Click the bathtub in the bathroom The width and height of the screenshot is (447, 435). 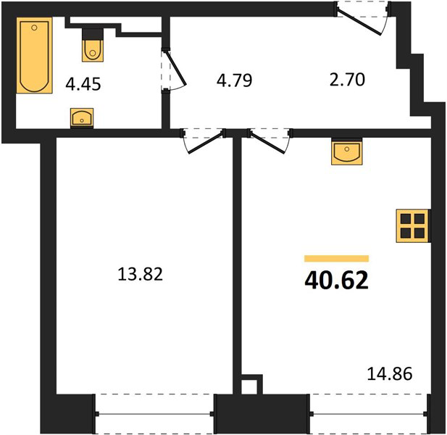point(35,55)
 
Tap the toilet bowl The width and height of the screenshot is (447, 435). point(93,51)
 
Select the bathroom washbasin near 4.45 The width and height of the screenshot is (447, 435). point(82,117)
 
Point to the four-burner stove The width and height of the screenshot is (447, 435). point(412,226)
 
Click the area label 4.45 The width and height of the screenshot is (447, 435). point(83,84)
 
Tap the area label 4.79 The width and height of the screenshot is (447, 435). point(234,80)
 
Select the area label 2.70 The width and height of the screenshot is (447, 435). point(347,80)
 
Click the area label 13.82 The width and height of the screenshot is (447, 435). point(140,274)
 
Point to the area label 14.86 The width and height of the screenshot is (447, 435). point(390,374)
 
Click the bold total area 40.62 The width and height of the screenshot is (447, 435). point(336,281)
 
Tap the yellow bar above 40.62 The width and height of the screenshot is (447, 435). point(336,258)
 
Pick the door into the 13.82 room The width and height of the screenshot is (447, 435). point(205,144)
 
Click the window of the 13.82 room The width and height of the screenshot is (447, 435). point(154,414)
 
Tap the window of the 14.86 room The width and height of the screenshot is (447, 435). point(369,414)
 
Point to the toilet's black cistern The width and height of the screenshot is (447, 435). point(92,34)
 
